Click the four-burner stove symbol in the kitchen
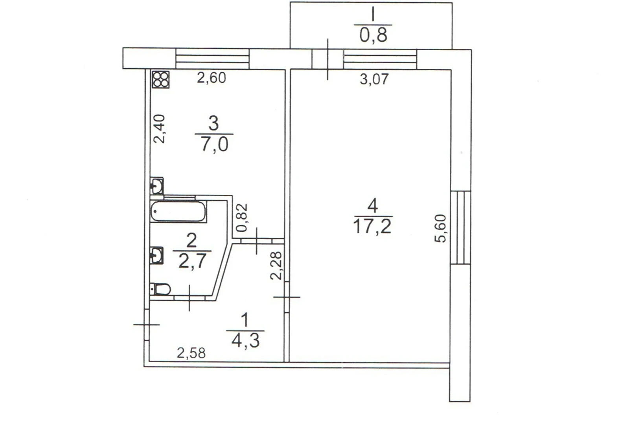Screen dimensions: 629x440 [161, 79]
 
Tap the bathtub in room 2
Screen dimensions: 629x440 [178, 212]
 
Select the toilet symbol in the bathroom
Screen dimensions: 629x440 [160, 289]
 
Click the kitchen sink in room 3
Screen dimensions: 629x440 [157, 185]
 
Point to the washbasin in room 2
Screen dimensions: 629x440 [157, 255]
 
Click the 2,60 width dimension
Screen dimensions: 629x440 [211, 78]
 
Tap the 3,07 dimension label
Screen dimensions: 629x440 [374, 79]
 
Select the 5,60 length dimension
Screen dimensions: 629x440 [440, 228]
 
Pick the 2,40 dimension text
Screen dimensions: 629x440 [160, 129]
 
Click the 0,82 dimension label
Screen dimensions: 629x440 [242, 218]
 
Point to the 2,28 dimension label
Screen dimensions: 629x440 [276, 266]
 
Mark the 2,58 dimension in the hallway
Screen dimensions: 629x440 [191, 353]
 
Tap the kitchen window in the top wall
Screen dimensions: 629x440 [213, 59]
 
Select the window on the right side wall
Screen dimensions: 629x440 [460, 227]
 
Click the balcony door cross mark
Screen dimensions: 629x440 [327, 59]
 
